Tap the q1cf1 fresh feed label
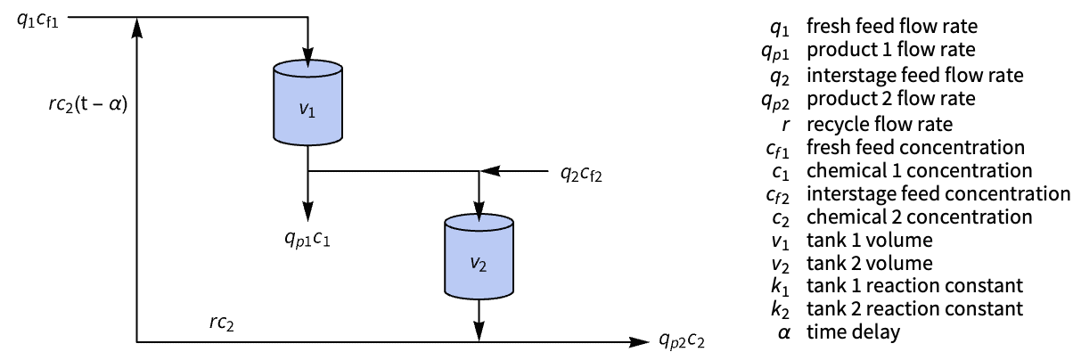coord(38,20)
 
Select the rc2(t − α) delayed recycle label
coord(88,103)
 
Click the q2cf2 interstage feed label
coord(581,174)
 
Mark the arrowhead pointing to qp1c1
coord(307,212)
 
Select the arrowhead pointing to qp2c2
coord(637,341)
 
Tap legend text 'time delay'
coord(853,333)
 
